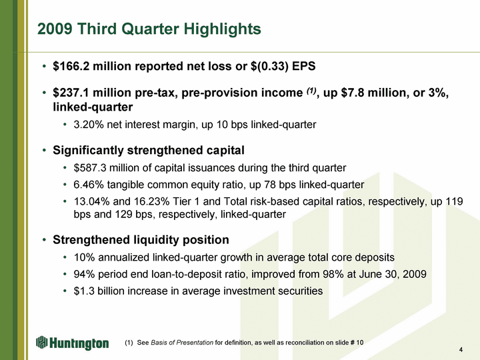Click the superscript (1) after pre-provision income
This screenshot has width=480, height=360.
click(311, 91)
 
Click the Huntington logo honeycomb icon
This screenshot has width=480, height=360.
click(41, 342)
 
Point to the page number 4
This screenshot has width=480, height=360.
click(461, 350)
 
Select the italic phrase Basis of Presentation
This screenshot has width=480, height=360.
click(182, 343)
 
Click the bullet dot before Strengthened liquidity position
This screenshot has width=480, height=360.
click(45, 240)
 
